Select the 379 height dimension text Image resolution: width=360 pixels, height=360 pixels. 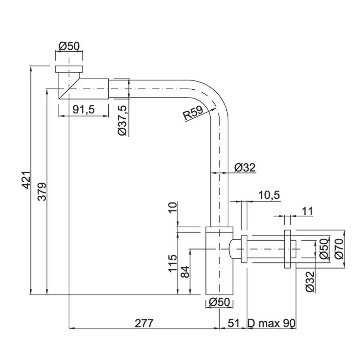pos(42,192)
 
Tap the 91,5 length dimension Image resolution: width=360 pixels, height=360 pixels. pos(83,110)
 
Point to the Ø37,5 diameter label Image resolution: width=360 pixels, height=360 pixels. pos(122,120)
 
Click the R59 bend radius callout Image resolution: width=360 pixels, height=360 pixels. pos(193,113)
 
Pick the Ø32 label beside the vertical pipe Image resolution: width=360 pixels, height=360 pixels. pos(245,168)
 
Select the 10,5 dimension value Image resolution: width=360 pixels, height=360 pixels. pos(269,195)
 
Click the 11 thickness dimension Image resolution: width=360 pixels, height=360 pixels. pos(307,211)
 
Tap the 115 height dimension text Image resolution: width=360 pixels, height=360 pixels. pos(173,263)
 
